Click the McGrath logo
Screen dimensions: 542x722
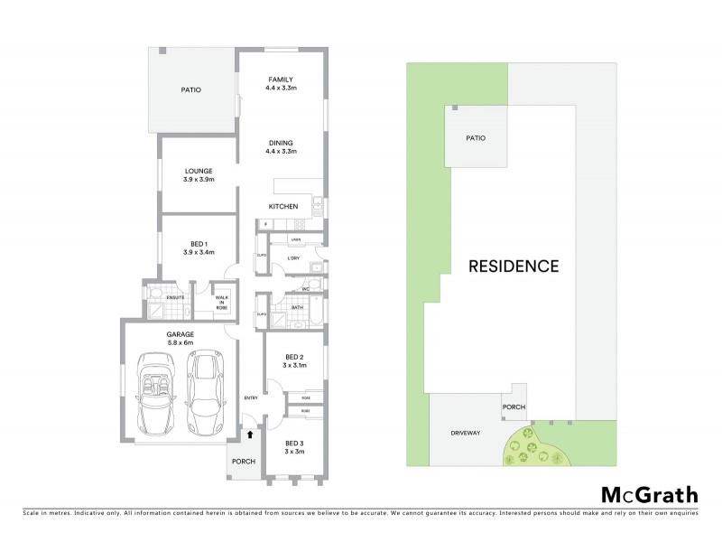point(649,494)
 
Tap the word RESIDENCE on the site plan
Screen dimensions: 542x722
point(514,266)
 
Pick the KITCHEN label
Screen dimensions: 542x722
point(282,207)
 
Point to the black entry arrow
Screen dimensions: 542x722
point(250,435)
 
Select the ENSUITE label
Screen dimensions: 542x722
point(175,296)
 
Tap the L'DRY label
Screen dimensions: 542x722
point(292,259)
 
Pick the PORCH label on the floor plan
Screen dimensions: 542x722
point(243,462)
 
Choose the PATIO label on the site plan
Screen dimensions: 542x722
point(475,138)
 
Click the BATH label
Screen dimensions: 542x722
point(297,307)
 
